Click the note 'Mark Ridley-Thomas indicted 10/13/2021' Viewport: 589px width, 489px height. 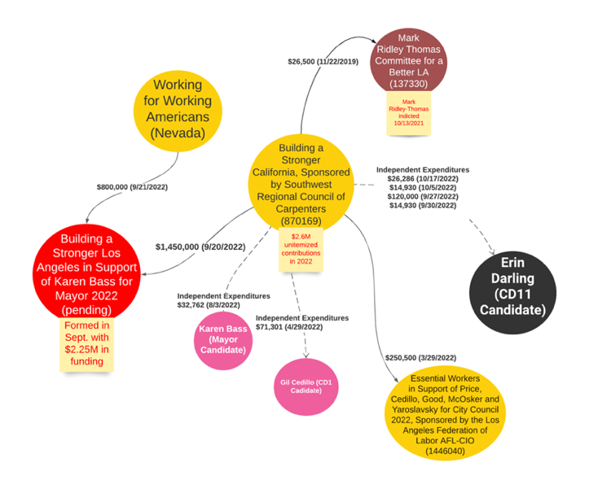[408, 111]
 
